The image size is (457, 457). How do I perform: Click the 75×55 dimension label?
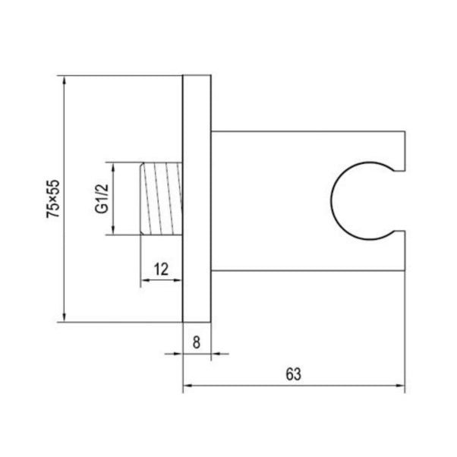(x=53, y=199)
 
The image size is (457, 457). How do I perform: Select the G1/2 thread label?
(x=102, y=198)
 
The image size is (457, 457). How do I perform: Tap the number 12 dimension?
(x=161, y=269)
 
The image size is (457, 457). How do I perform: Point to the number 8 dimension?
(x=197, y=342)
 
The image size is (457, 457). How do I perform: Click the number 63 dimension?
(x=293, y=374)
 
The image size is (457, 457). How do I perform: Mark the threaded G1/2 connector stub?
(x=161, y=198)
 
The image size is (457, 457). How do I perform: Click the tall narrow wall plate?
(x=197, y=198)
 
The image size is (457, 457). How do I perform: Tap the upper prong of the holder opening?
(x=399, y=151)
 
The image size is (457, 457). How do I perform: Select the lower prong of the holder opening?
(x=399, y=251)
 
